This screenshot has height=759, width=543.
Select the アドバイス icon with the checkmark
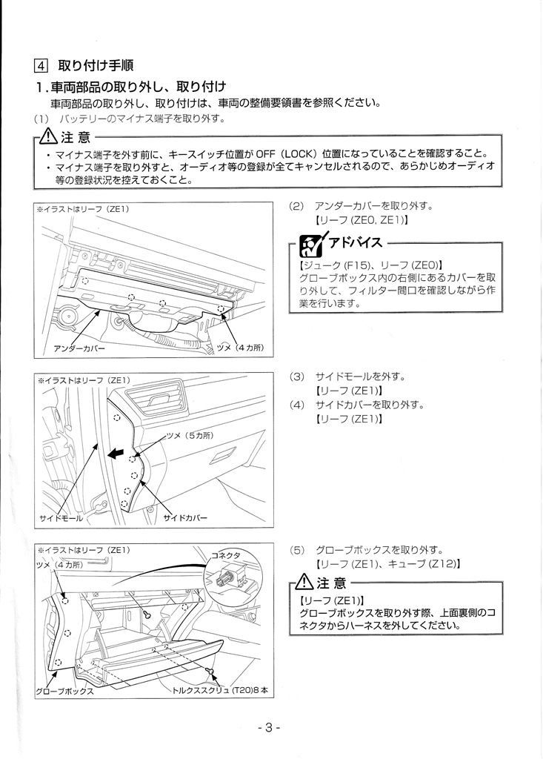pyautogui.click(x=306, y=243)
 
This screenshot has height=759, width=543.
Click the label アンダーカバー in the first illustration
pyautogui.click(x=79, y=348)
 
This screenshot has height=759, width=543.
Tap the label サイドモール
pyautogui.click(x=61, y=517)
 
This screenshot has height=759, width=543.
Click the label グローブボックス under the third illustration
pyautogui.click(x=64, y=690)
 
